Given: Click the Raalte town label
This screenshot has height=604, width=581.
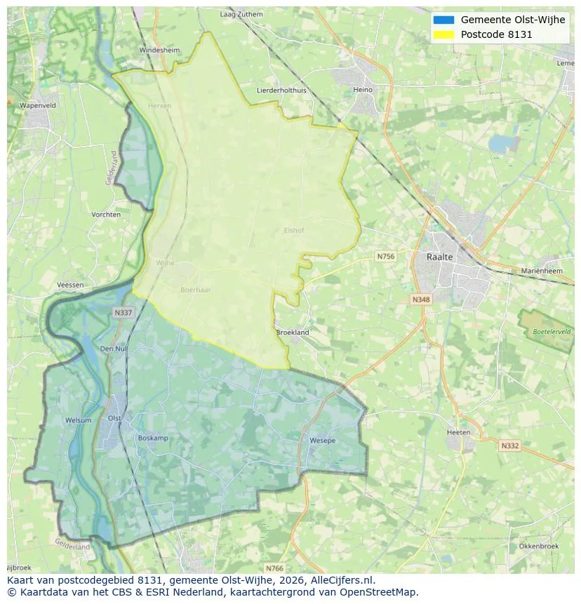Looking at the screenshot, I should point(440,257).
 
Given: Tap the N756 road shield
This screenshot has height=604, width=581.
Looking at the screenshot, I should point(385,257).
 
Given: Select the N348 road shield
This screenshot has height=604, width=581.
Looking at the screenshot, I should point(420,300).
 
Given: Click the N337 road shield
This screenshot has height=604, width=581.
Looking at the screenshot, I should point(122,313).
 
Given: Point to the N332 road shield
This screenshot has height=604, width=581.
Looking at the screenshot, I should point(509,445).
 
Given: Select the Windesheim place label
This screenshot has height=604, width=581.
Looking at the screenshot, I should point(159,51).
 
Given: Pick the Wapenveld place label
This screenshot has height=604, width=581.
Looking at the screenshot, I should point(38,105).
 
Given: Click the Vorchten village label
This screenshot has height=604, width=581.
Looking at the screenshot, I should point(106,215).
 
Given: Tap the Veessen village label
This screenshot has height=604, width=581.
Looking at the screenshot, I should point(70,286).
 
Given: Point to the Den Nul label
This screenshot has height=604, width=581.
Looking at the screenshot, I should point(114,349).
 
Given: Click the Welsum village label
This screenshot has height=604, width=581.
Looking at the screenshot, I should point(78,420).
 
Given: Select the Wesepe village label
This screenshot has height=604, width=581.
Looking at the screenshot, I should point(322,441).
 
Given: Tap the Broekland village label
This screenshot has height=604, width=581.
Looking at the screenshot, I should point(293,333).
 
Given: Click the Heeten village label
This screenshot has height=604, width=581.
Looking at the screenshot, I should point(459,432).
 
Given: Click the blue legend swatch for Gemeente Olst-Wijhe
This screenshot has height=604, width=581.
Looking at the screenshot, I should point(443,20).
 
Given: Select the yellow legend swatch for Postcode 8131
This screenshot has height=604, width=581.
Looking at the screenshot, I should point(443,34).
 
